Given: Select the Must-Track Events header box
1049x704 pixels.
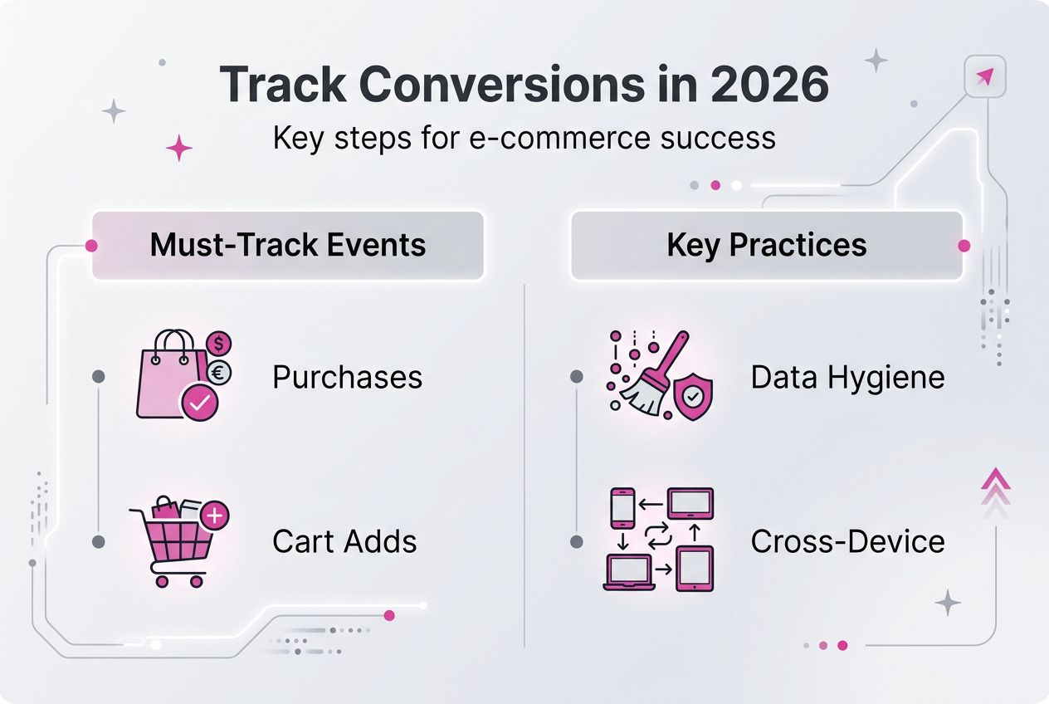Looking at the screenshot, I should click(x=287, y=245).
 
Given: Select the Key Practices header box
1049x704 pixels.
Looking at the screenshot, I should click(x=766, y=245).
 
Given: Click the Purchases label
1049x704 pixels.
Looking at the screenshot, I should click(x=347, y=378).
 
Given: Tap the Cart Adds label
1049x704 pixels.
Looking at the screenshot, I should click(x=344, y=542).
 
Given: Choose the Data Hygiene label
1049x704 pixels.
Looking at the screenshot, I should click(x=847, y=378).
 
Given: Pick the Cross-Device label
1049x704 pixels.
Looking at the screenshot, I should click(x=847, y=542).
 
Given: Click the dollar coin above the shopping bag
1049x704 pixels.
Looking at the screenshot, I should click(x=220, y=342).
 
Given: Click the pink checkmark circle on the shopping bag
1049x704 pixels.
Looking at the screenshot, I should click(x=200, y=404).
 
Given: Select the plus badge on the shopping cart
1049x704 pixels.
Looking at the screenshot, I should click(x=214, y=516).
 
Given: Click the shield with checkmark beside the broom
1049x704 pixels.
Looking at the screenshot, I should click(x=692, y=397).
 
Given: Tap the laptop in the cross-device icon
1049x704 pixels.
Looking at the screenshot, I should click(x=628, y=572).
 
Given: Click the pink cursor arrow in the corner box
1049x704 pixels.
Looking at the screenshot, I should click(x=984, y=77).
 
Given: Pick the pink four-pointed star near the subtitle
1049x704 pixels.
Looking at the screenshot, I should click(x=178, y=149).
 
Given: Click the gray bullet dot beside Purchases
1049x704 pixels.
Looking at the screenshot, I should click(x=99, y=377).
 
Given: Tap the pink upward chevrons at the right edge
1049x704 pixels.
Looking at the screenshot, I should click(x=993, y=486).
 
